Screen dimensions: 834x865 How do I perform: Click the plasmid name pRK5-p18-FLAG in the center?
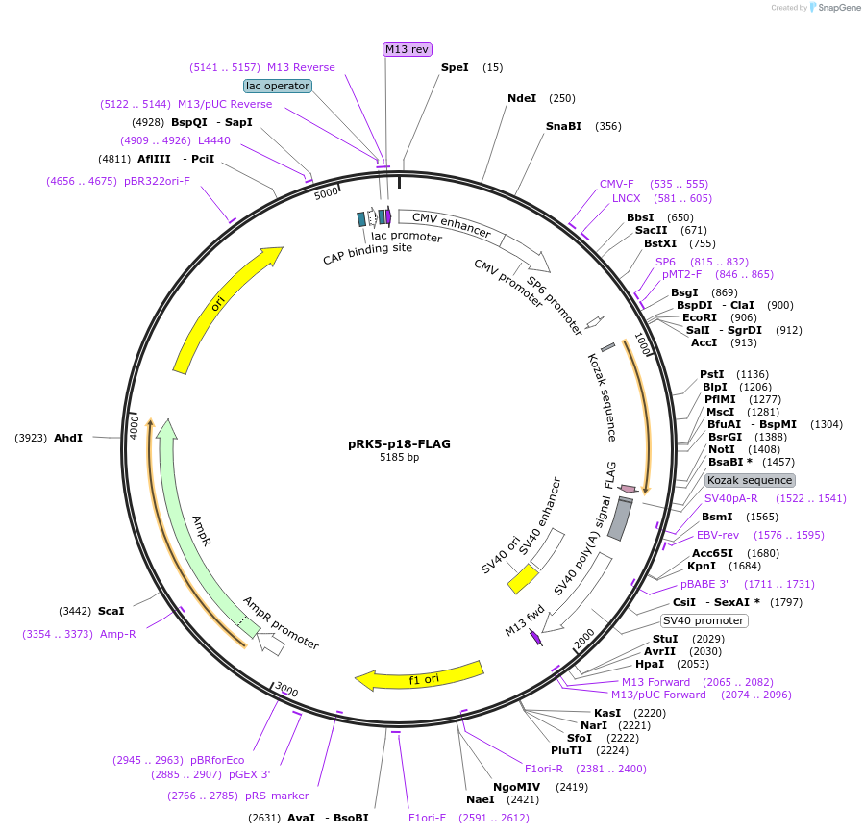tap(399, 444)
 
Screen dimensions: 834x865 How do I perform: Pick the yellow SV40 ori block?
tap(523, 578)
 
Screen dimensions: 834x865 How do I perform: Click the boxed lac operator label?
tap(278, 86)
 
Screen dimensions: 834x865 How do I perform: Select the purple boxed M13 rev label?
tap(408, 49)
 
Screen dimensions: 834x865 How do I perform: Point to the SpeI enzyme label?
tap(455, 67)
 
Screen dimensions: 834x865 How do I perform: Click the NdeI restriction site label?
tap(522, 98)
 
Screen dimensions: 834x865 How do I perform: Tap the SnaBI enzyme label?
tap(563, 126)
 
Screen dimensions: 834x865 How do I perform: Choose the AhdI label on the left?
tap(68, 438)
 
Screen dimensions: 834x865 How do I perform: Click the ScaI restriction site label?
tap(111, 611)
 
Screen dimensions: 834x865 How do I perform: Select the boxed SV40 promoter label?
tap(704, 620)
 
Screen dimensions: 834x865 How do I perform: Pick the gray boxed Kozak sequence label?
tap(750, 480)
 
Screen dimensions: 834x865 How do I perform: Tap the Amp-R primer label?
tap(118, 634)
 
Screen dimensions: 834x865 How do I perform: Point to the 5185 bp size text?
tap(399, 458)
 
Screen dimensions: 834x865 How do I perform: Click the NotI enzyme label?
tap(721, 449)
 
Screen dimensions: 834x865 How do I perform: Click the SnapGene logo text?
tap(840, 8)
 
